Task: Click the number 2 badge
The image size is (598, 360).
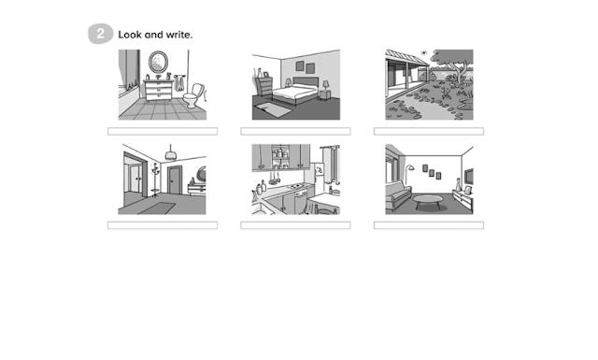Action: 100,34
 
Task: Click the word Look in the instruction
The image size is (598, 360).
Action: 130,35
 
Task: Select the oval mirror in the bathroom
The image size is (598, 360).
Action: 158,62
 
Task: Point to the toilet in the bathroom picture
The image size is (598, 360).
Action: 194,95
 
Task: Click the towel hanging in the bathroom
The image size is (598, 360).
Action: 179,83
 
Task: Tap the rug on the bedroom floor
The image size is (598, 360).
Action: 273,109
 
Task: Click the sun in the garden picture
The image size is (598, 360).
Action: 423,52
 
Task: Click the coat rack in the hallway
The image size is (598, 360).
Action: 155,180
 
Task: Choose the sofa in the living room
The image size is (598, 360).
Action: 397,194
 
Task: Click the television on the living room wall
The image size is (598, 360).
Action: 469,177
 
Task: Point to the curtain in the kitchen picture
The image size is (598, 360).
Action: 330,166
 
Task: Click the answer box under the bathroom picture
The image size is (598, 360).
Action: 163,131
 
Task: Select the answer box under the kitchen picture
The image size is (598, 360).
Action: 295,225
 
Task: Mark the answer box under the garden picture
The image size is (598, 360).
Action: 429,131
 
